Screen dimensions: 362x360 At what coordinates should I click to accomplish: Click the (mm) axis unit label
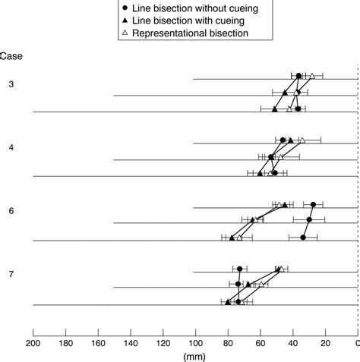point(195,354)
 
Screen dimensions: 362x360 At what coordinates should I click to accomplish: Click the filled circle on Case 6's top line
point(313,204)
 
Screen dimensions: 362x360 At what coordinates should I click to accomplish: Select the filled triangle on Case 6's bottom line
point(232,238)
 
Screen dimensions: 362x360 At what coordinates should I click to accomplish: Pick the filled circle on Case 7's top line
point(240,269)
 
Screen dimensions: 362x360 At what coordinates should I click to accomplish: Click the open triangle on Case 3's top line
point(311,76)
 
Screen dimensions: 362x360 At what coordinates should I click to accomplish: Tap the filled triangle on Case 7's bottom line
point(228,302)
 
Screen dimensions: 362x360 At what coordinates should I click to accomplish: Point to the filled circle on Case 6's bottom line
point(303,238)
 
